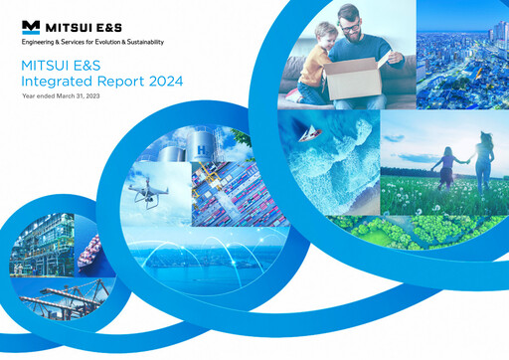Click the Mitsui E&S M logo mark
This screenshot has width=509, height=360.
[x=31, y=25]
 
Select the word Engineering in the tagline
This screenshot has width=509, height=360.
[x=40, y=43]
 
